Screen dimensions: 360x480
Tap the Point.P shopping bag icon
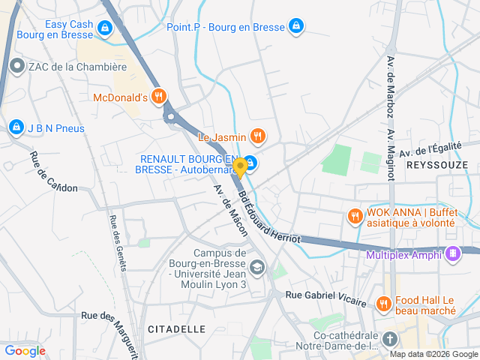point(296,26)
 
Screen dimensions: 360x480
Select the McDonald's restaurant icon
point(158,96)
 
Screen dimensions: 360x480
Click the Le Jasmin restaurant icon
point(257,136)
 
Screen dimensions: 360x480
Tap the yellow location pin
point(240,166)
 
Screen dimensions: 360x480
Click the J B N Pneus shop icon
point(16,128)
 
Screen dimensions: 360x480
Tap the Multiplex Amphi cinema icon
point(452,254)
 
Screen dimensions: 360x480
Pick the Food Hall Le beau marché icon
point(383,304)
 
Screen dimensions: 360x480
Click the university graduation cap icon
point(257,267)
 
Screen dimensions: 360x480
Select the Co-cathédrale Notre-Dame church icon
point(390,340)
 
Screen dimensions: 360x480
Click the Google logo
point(25,350)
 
